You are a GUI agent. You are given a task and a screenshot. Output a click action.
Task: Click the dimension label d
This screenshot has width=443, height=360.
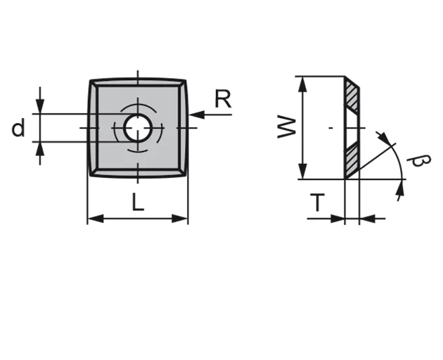[x=18, y=129]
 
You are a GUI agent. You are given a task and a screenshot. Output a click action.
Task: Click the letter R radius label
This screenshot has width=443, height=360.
[x=222, y=100]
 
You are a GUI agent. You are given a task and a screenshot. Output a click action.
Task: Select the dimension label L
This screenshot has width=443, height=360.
[x=138, y=203]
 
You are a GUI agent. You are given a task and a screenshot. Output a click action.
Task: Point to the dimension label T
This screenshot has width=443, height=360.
[x=318, y=204]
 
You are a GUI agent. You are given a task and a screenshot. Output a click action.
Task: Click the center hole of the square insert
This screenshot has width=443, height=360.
[x=137, y=128]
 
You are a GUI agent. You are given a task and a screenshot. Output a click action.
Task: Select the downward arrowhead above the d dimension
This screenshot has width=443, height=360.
[x=40, y=107]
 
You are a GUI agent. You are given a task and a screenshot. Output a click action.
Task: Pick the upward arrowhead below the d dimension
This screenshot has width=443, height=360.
[x=40, y=148]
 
